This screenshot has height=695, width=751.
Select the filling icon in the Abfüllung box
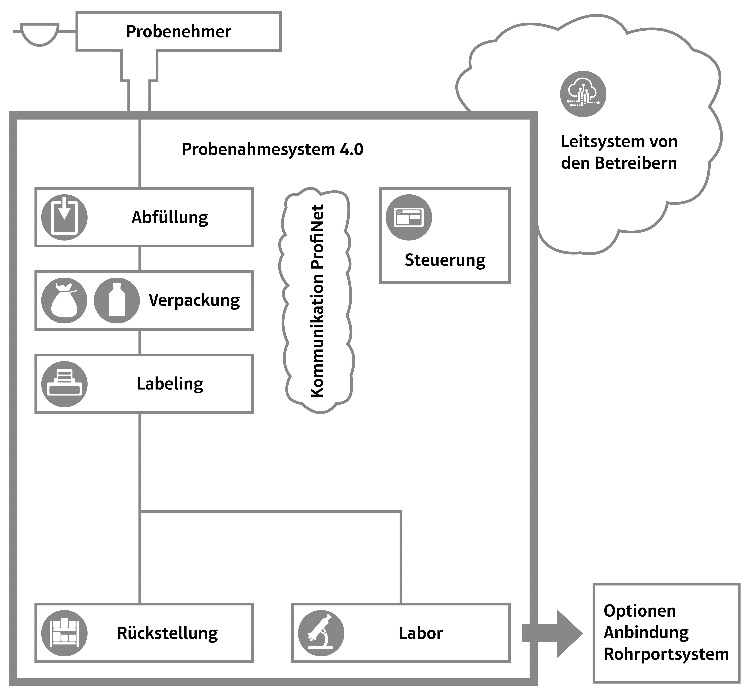pyautogui.click(x=64, y=217)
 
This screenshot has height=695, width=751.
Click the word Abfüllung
pyautogui.click(x=170, y=217)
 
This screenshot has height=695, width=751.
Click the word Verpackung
pyautogui.click(x=194, y=300)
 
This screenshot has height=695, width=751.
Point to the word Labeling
pyautogui.click(x=170, y=384)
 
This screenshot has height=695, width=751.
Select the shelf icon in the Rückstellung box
pyautogui.click(x=64, y=633)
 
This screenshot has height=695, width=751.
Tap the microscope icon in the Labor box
pyautogui.click(x=321, y=633)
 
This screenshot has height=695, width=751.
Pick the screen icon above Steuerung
pyautogui.click(x=409, y=217)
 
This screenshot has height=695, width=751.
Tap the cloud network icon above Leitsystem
pyautogui.click(x=583, y=94)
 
